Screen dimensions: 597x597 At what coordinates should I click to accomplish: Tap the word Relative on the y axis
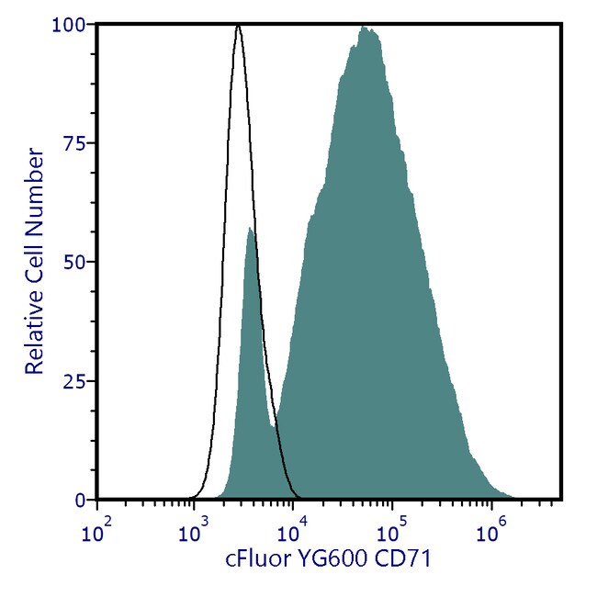(x=35, y=330)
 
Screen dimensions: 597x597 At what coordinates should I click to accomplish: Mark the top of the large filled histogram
(x=366, y=28)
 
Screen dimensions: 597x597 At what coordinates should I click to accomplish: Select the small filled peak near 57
(x=249, y=229)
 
